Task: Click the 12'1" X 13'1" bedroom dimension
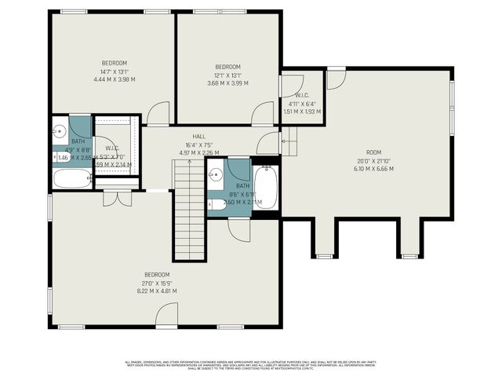[x=227, y=75]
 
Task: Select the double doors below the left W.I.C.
[x=117, y=197]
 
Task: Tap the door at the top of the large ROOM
[x=336, y=79]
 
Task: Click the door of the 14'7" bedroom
[x=158, y=115]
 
